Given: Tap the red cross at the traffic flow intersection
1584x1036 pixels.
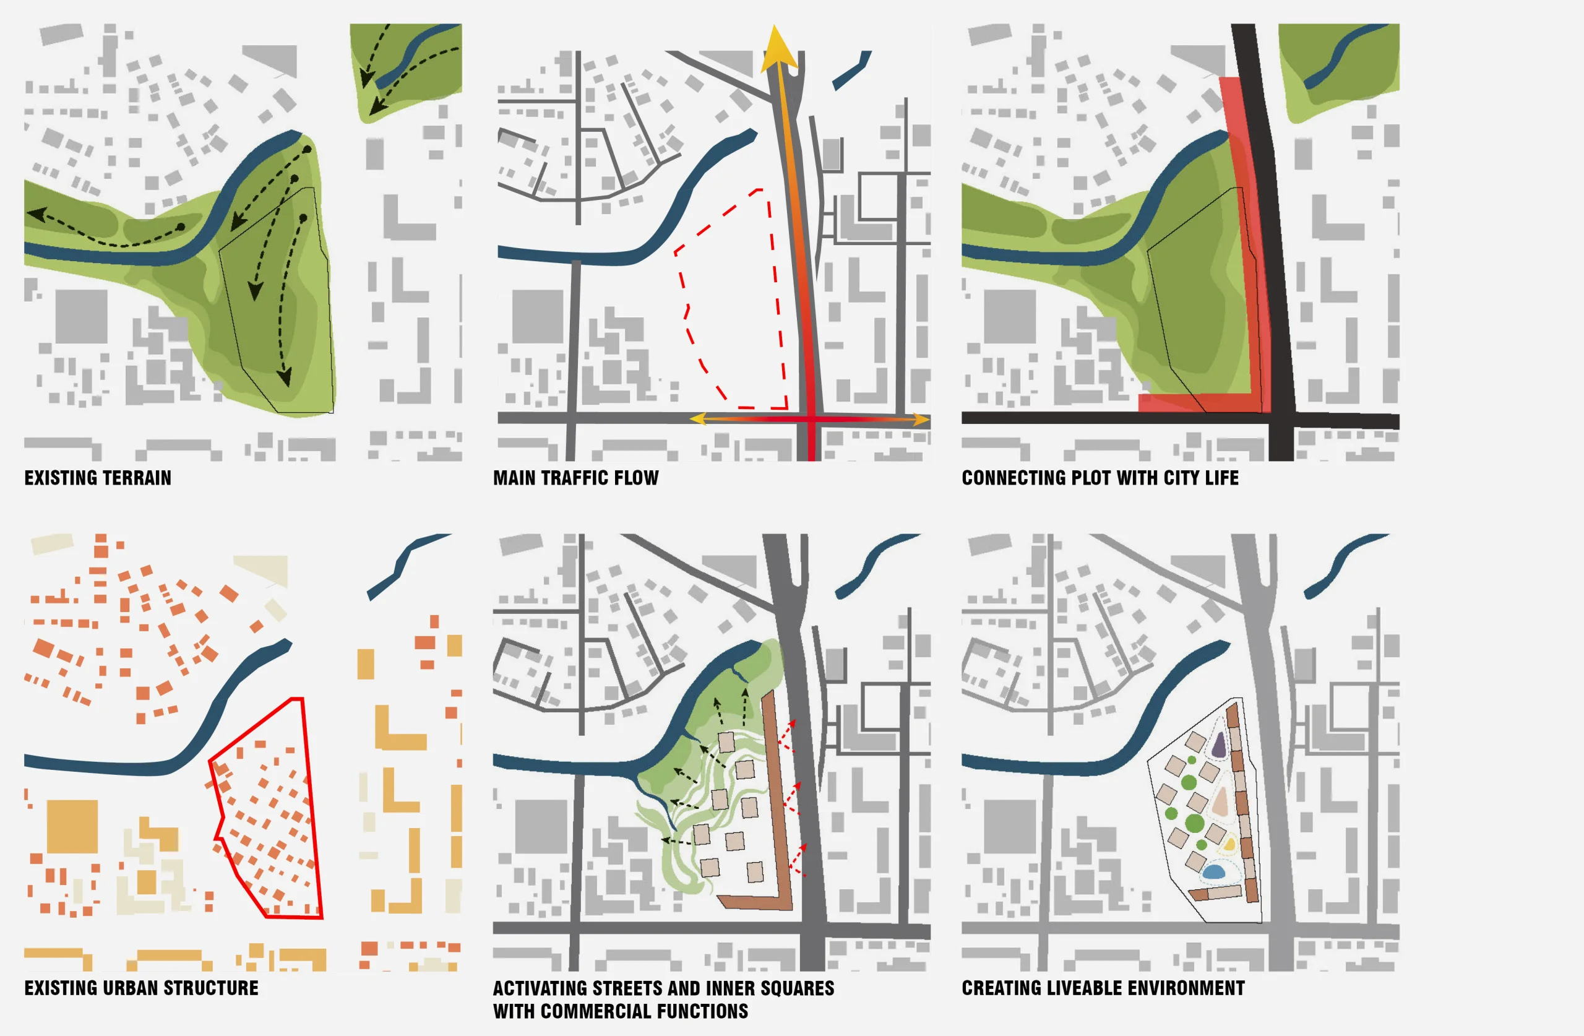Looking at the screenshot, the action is click(x=811, y=420).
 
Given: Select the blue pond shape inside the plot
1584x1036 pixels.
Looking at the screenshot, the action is click(x=1214, y=871).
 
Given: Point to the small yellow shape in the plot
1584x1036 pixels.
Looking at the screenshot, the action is click(x=1229, y=845).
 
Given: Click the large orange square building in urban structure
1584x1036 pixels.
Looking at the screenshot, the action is click(x=72, y=826).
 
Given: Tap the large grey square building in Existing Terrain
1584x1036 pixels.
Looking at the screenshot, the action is click(x=81, y=316).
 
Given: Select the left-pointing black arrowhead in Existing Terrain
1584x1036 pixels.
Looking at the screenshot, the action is click(x=36, y=214).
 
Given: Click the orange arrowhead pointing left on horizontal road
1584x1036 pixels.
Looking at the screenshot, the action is click(x=697, y=419).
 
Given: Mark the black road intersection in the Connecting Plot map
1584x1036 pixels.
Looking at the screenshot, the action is click(x=1281, y=420).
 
